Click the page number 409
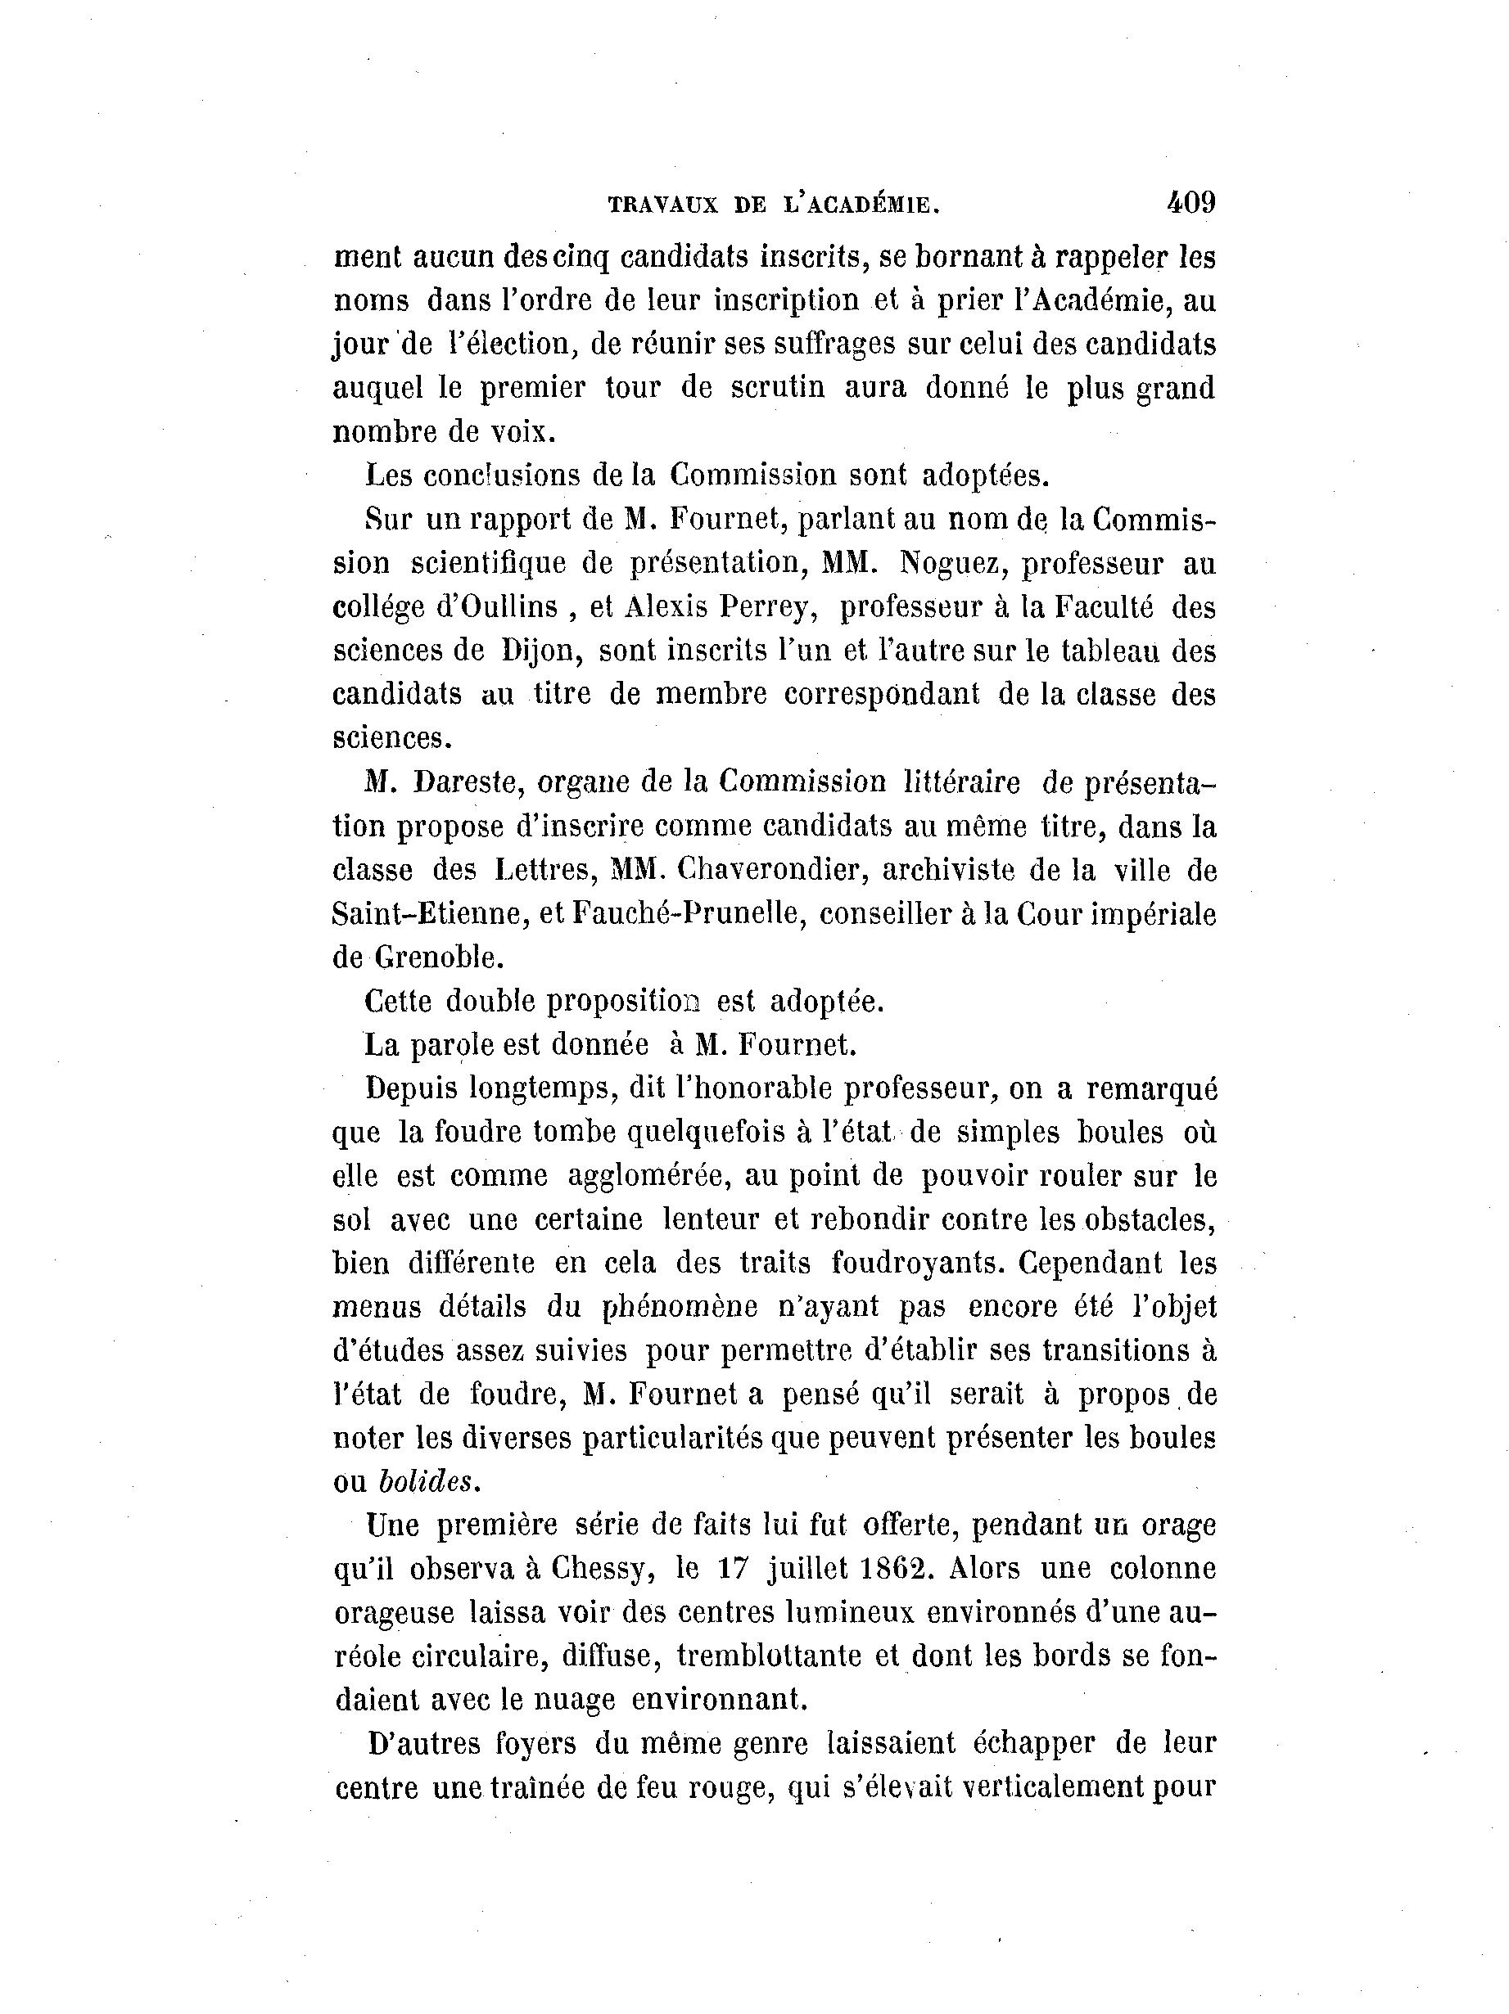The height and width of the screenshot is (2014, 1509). coord(1190,202)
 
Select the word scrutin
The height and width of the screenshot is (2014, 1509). coord(778,388)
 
